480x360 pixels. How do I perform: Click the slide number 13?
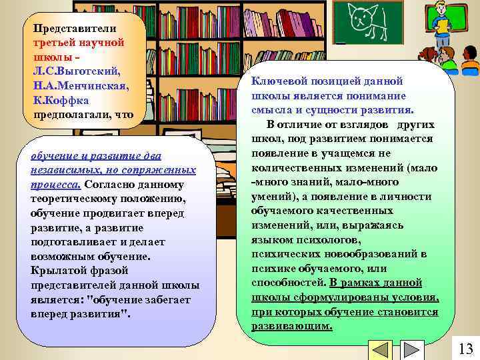(466, 348)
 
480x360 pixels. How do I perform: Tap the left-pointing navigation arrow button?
(381, 351)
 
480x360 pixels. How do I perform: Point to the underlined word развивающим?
(291, 326)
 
